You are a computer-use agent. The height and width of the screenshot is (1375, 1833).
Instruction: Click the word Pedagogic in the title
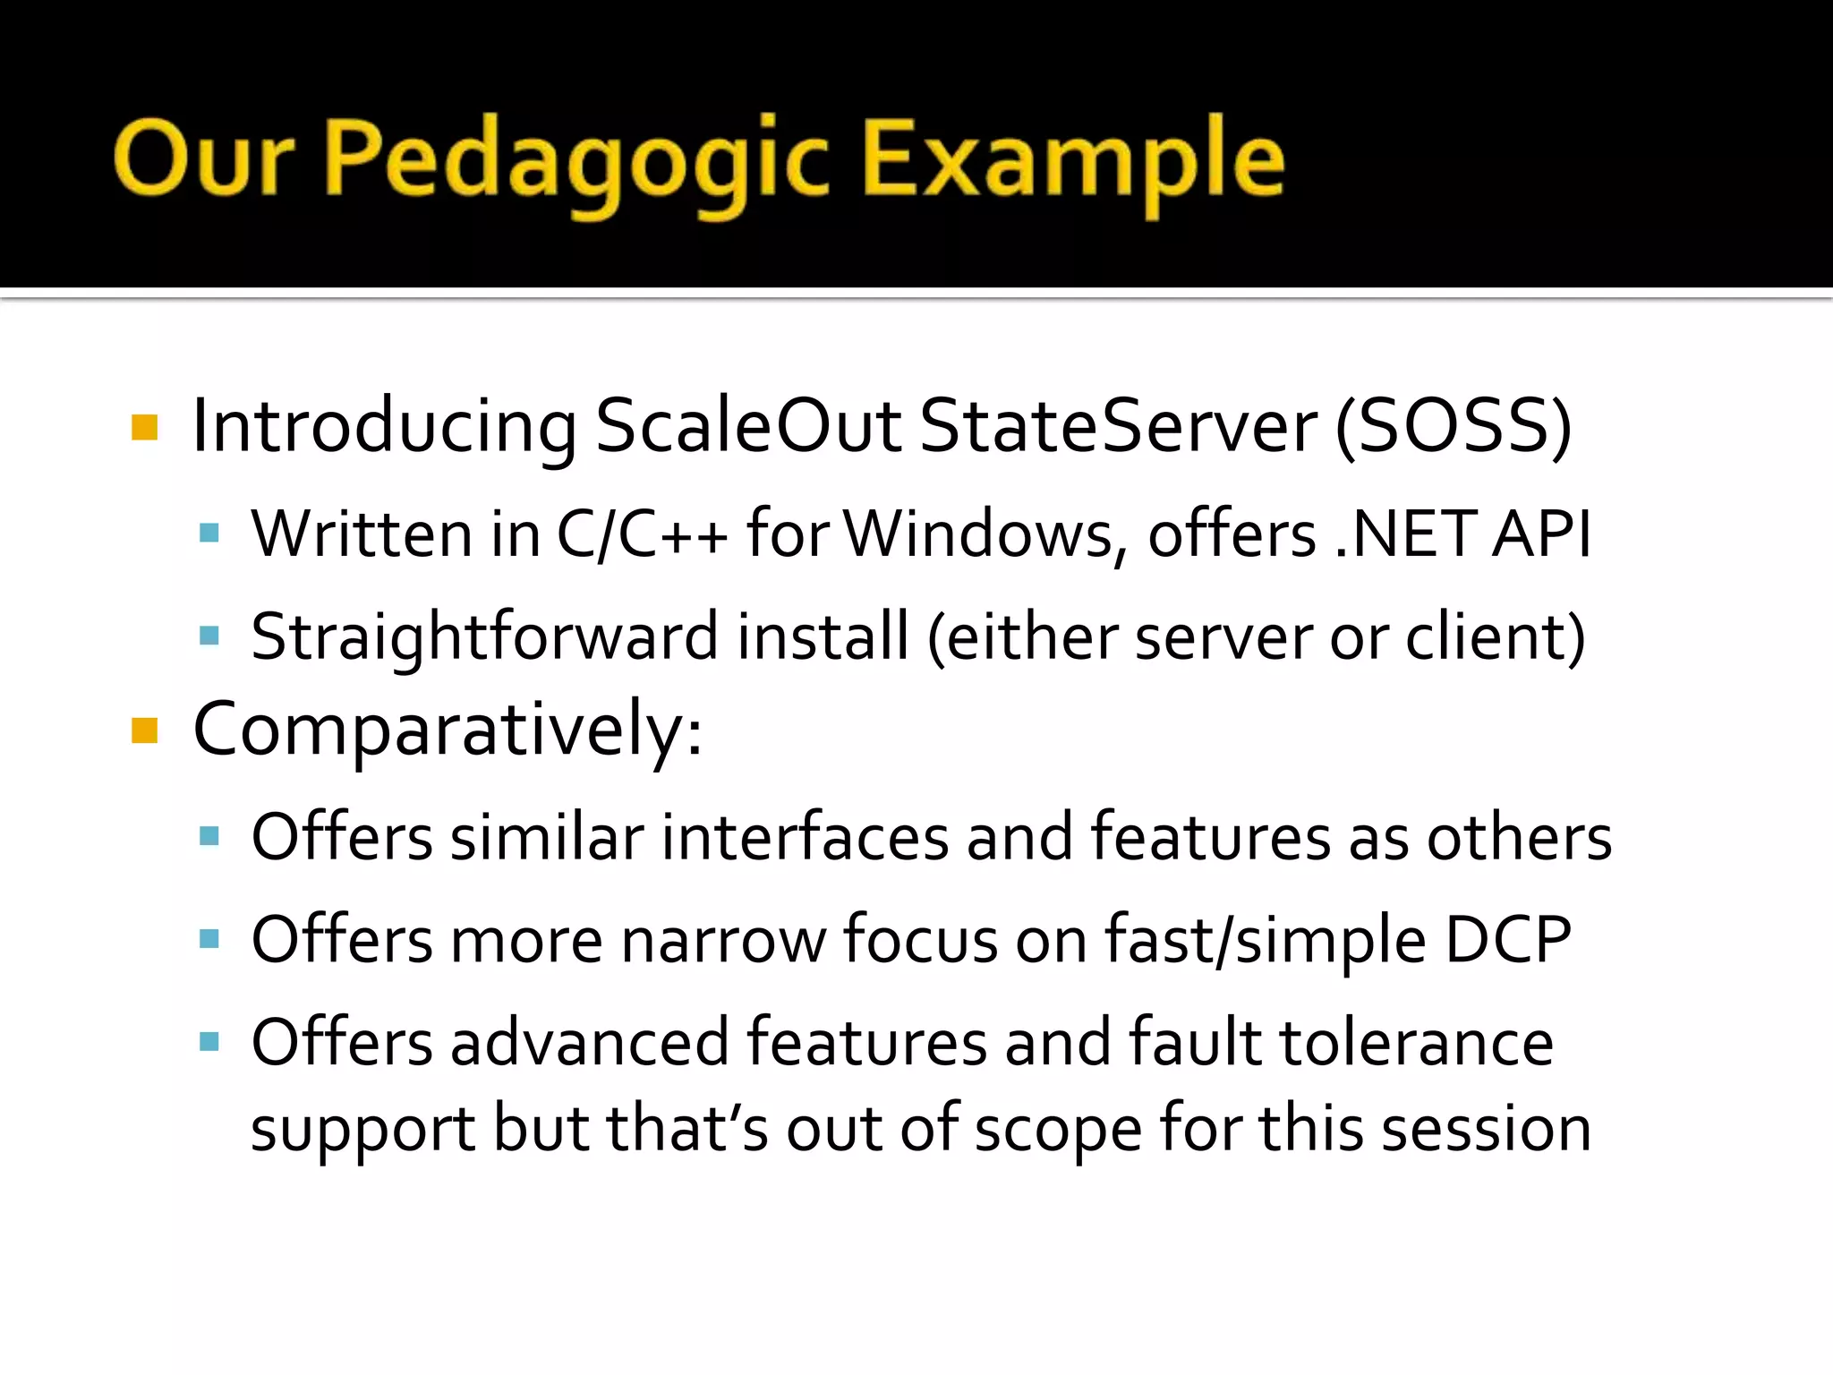(577, 161)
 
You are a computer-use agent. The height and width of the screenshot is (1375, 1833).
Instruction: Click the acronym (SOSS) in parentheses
(1453, 426)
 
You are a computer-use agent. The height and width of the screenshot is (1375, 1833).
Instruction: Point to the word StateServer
(1118, 426)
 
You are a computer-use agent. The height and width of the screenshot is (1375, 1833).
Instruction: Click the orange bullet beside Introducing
(144, 427)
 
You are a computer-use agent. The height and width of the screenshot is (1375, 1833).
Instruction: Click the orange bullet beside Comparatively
(144, 730)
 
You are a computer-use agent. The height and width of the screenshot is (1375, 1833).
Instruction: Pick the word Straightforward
(484, 637)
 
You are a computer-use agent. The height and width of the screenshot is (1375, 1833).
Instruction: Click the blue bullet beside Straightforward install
(209, 636)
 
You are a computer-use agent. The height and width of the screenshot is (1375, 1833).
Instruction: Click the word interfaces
(805, 838)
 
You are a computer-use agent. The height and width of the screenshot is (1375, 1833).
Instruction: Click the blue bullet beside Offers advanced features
(209, 1041)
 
